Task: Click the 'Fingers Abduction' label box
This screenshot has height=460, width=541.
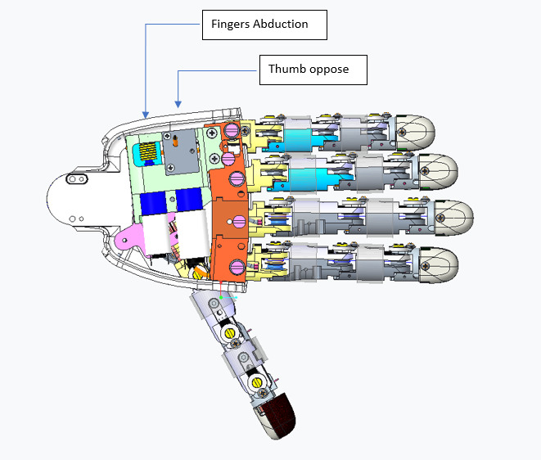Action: point(264,25)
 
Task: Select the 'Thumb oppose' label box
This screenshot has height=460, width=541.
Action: point(312,70)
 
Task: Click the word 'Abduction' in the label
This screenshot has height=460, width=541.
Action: point(281,25)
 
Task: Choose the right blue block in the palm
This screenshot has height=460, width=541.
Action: point(189,201)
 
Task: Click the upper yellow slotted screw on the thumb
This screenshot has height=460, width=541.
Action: point(229,333)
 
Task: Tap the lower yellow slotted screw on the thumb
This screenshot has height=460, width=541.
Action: point(257,381)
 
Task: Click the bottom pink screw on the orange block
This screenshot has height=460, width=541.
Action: point(237,266)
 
